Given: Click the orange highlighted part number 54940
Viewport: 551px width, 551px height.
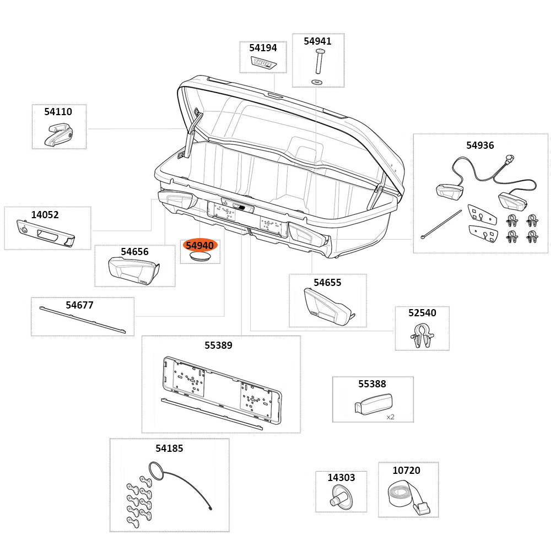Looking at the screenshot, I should coord(199,245).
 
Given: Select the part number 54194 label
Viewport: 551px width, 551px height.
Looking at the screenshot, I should coord(263,48).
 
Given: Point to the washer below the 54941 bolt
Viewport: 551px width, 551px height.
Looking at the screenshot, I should coord(318,82).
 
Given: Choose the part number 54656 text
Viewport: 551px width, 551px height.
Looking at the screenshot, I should coord(134,252).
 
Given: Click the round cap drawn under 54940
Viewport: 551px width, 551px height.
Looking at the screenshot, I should coord(199,257).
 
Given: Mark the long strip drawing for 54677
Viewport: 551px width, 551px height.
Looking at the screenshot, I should coord(83,321).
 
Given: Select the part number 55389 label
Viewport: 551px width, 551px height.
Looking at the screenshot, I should coord(218,345).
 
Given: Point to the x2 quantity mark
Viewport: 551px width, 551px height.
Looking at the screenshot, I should coord(390,417).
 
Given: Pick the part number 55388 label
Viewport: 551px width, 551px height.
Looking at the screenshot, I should coord(372,384).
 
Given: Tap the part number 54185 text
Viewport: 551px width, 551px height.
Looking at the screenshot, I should coord(169,449).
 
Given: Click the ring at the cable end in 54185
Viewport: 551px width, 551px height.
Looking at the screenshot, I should coord(154,469).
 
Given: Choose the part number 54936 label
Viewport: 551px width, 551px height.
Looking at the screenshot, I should coord(480,145).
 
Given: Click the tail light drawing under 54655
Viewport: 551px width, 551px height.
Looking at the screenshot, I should coord(328,306).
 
